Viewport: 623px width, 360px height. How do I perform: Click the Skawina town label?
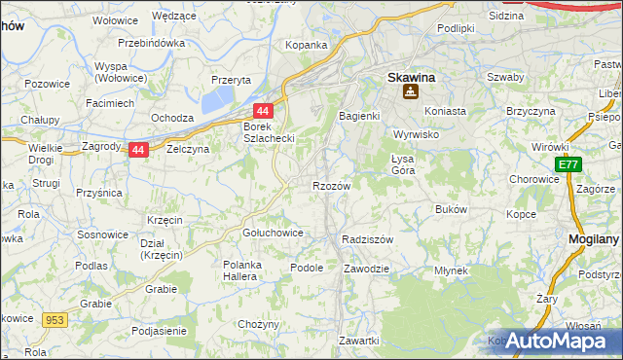pyautogui.click(x=410, y=75)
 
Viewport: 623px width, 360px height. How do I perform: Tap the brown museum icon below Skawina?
pyautogui.click(x=411, y=92)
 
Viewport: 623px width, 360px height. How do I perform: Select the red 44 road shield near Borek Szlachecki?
pyautogui.click(x=264, y=112)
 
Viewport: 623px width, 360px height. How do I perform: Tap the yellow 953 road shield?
pyautogui.click(x=53, y=318)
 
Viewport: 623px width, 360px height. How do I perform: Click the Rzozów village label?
pyautogui.click(x=331, y=186)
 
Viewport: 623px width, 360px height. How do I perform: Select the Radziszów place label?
pyautogui.click(x=367, y=239)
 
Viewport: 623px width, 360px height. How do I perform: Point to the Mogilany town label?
pyautogui.click(x=595, y=237)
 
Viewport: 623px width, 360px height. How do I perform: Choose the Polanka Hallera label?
pyautogui.click(x=251, y=271)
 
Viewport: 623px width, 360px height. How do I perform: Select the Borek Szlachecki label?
pyautogui.click(x=268, y=132)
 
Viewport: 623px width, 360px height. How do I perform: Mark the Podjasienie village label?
pyautogui.click(x=151, y=330)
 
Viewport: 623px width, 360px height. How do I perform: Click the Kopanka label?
pyautogui.click(x=305, y=45)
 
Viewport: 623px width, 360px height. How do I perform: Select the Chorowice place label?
pyautogui.click(x=533, y=180)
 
